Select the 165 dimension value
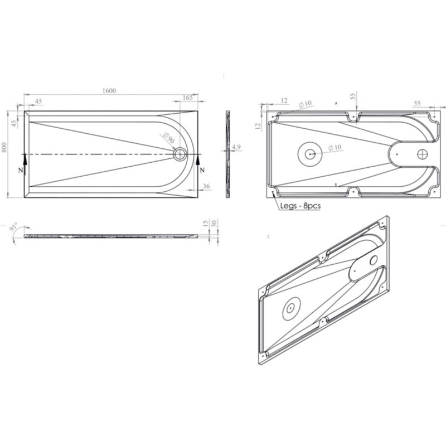pos(187,98)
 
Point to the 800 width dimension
pos(4,148)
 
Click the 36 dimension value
pos(206,186)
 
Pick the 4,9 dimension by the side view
pos(236,147)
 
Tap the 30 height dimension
pos(214,223)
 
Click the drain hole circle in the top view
pos(180,154)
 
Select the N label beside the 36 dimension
pos(202,170)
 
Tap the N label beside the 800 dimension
pos(21,170)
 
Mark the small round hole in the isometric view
pos(374,259)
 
